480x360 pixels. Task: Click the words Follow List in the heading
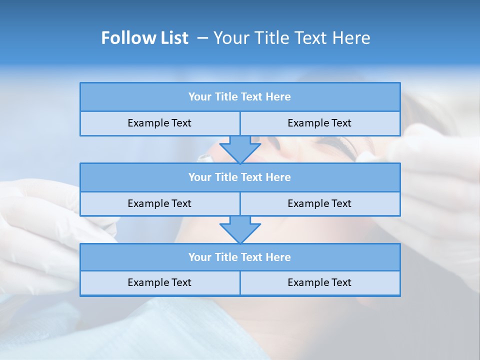coord(144,38)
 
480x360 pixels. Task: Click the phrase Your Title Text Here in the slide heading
coord(291,38)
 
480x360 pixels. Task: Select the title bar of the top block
coord(240,97)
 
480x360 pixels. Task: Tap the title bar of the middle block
coord(240,177)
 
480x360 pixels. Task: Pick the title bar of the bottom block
coord(240,257)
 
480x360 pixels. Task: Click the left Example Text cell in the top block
coord(159,123)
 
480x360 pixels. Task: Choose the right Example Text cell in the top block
coord(319,123)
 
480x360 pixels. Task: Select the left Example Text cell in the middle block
coord(159,204)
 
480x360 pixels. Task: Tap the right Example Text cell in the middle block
coord(319,204)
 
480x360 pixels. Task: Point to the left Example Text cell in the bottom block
coord(159,283)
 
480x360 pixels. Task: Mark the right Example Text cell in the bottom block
coord(319,283)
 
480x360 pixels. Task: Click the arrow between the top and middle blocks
coord(240,149)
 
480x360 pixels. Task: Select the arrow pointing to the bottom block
coord(240,229)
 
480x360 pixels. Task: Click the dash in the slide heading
coord(202,38)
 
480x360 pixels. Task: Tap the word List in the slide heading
coord(175,38)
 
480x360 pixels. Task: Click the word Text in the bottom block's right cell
coord(341,283)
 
